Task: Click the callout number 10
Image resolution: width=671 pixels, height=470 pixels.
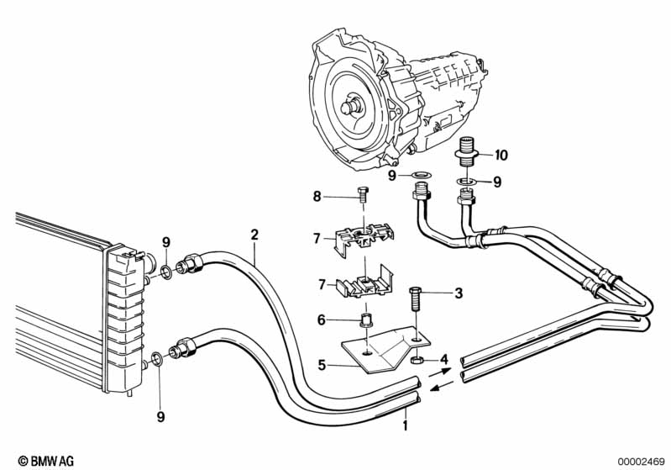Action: point(501,155)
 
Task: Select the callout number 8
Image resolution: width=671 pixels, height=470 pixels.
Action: point(317,197)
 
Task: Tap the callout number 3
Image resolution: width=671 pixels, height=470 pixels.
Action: point(459,293)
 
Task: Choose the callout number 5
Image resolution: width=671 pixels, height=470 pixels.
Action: point(321,365)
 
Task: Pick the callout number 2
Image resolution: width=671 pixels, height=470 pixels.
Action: point(254,235)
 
